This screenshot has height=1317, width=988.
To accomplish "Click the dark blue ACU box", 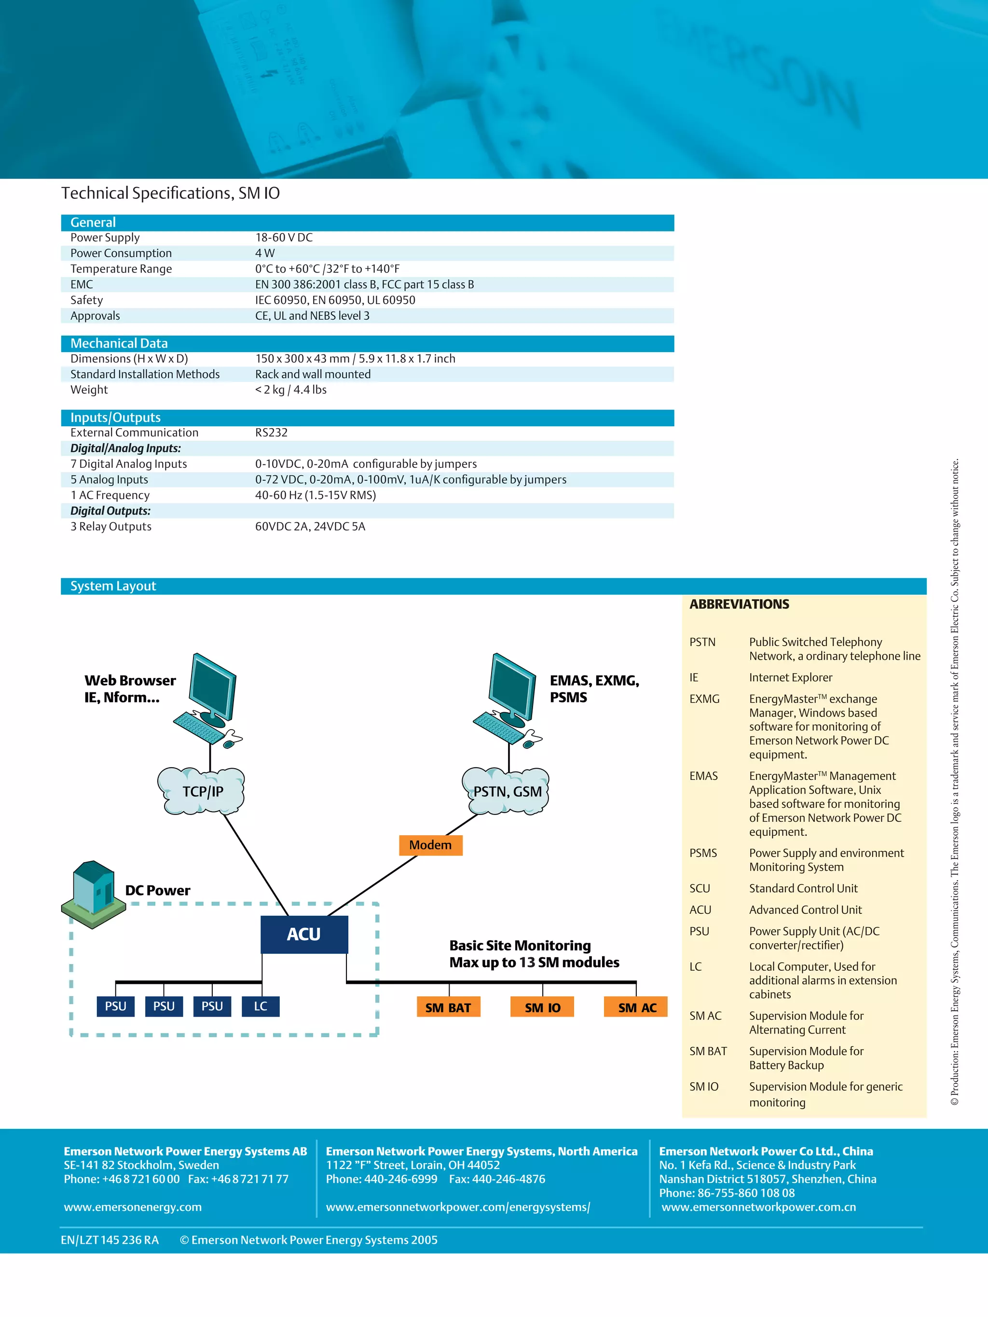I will (304, 934).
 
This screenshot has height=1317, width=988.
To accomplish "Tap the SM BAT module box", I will (448, 1007).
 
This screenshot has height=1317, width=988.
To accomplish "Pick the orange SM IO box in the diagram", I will (542, 1007).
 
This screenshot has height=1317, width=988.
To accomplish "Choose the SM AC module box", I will (636, 1007).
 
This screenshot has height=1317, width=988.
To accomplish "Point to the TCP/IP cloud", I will (202, 791).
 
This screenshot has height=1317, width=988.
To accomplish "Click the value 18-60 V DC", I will (284, 238).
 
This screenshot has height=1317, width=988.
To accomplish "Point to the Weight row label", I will (89, 390).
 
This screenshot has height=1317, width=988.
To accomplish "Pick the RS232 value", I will (272, 433).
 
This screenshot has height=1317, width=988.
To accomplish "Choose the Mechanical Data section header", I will (119, 343).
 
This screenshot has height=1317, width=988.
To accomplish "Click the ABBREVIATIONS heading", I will (739, 604).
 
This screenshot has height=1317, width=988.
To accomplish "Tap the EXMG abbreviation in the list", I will (704, 699).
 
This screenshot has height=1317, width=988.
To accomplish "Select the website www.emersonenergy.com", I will (133, 1207).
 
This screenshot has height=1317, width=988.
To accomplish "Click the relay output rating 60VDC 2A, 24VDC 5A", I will (310, 526).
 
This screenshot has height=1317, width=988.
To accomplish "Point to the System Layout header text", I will (113, 586).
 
